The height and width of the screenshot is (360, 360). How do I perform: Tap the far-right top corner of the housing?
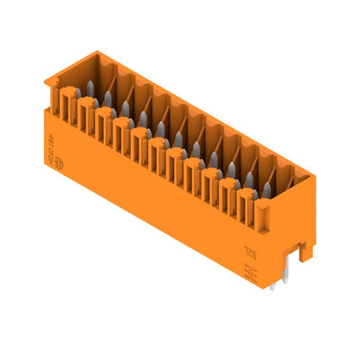coord(313,177)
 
